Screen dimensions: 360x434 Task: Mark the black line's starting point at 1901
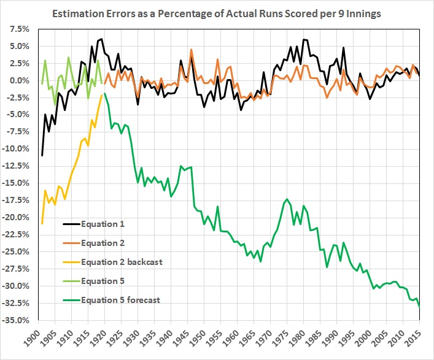pos(42,155)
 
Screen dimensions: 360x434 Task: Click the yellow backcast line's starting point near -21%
pos(42,223)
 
